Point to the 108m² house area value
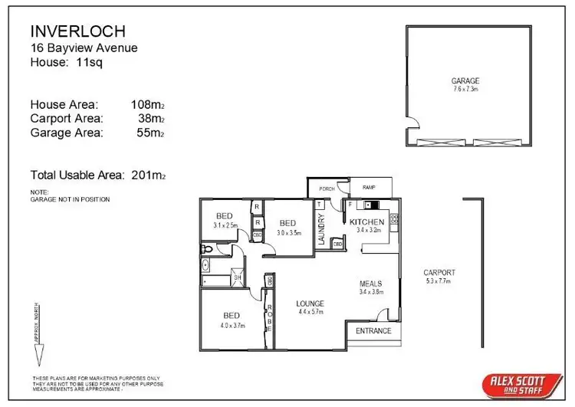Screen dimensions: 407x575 click(148, 104)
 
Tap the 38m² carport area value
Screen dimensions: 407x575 click(151, 119)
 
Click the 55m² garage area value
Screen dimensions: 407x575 click(151, 133)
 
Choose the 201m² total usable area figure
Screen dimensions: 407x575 click(147, 175)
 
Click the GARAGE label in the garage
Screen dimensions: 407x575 click(465, 80)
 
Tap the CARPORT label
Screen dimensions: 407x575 click(439, 272)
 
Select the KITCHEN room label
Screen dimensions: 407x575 click(367, 222)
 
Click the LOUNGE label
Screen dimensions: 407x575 click(310, 304)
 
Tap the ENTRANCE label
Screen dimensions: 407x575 click(373, 331)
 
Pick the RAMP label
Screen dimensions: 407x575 click(369, 186)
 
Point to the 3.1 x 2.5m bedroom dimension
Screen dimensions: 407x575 click(226, 225)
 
